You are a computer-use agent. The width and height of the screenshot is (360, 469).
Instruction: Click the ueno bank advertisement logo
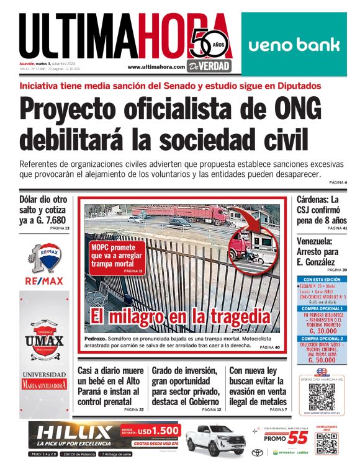(x=294, y=45)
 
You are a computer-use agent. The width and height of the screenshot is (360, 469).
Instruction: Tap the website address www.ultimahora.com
(x=156, y=66)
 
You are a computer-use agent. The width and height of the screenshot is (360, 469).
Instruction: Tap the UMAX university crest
(x=44, y=339)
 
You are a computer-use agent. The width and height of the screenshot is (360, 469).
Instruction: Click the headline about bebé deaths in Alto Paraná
(x=110, y=385)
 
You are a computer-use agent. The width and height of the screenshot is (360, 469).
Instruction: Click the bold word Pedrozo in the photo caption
(x=97, y=338)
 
